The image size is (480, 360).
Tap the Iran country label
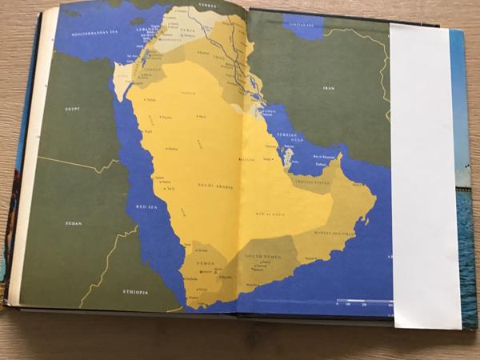pyautogui.click(x=328, y=88)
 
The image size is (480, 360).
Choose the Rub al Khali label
pyautogui.click(x=272, y=214)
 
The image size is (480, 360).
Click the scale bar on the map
pyautogui.click(x=364, y=302)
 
